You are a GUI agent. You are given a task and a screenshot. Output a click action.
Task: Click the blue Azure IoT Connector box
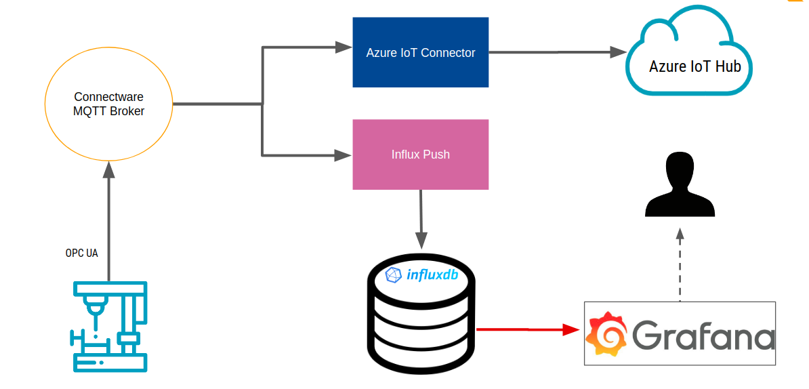[420, 52]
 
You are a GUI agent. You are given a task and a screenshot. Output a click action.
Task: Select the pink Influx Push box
[420, 155]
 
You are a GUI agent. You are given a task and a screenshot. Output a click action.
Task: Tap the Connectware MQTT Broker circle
[108, 104]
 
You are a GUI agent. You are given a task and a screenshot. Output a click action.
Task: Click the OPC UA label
[81, 253]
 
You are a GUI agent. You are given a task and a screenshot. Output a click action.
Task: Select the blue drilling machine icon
[109, 327]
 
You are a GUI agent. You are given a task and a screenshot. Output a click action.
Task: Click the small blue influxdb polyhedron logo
[394, 274]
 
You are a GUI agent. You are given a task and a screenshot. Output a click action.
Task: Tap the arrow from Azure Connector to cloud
[556, 52]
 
